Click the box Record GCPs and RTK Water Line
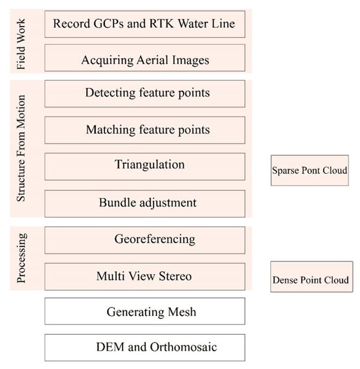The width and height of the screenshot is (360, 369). click(144, 24)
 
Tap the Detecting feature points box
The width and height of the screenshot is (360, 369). click(144, 93)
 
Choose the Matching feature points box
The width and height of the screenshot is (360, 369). click(144, 129)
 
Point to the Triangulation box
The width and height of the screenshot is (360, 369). click(144, 166)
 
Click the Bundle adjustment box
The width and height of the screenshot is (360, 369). click(144, 203)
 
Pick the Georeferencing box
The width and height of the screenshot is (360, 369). click(144, 240)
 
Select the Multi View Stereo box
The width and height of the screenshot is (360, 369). click(144, 276)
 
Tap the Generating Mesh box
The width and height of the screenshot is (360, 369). click(144, 311)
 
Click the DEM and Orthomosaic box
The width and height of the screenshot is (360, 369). click(144, 348)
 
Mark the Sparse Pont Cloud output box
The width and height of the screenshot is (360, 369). click(309, 171)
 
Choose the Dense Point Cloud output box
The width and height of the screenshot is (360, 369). click(311, 280)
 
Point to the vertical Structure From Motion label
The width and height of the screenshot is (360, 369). click(22, 149)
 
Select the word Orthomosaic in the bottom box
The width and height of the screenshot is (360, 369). click(182, 348)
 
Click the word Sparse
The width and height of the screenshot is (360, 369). click(285, 171)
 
